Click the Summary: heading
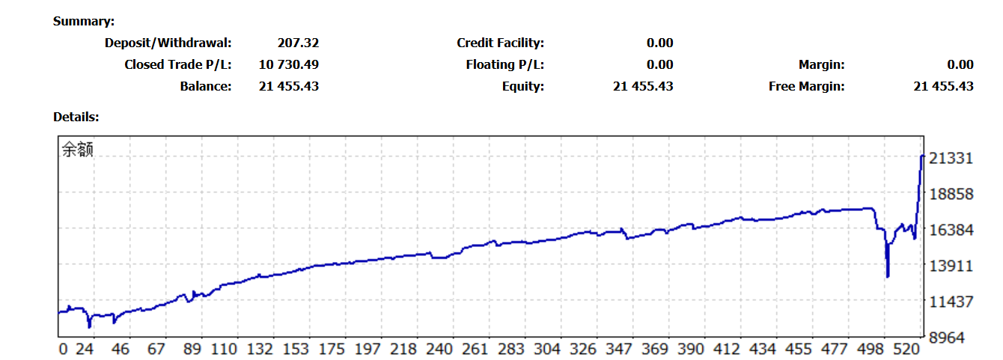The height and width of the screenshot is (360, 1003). [x=84, y=22]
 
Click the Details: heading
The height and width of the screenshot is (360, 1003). [x=76, y=117]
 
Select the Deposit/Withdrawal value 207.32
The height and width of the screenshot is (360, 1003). [x=297, y=43]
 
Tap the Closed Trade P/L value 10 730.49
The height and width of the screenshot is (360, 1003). [x=289, y=64]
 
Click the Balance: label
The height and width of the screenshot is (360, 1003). [x=206, y=86]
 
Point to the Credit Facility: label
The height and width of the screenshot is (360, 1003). [x=500, y=43]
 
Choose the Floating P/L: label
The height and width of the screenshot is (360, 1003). [x=504, y=64]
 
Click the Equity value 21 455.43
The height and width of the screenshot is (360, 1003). [x=643, y=86]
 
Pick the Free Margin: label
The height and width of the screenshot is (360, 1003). [x=806, y=86]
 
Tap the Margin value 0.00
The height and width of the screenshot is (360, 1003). [x=960, y=64]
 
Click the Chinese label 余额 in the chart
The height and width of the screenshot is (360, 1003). [x=78, y=150]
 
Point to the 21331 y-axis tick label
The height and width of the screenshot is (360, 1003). [x=950, y=159]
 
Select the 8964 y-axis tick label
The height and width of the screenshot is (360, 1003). [x=953, y=338]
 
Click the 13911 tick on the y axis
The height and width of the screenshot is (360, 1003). [x=950, y=266]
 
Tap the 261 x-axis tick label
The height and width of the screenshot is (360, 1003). [x=475, y=350]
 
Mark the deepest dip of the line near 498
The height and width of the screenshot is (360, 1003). [x=888, y=277]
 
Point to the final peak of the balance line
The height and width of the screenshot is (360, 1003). [x=922, y=156]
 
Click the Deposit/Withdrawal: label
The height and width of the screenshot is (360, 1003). [x=168, y=43]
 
